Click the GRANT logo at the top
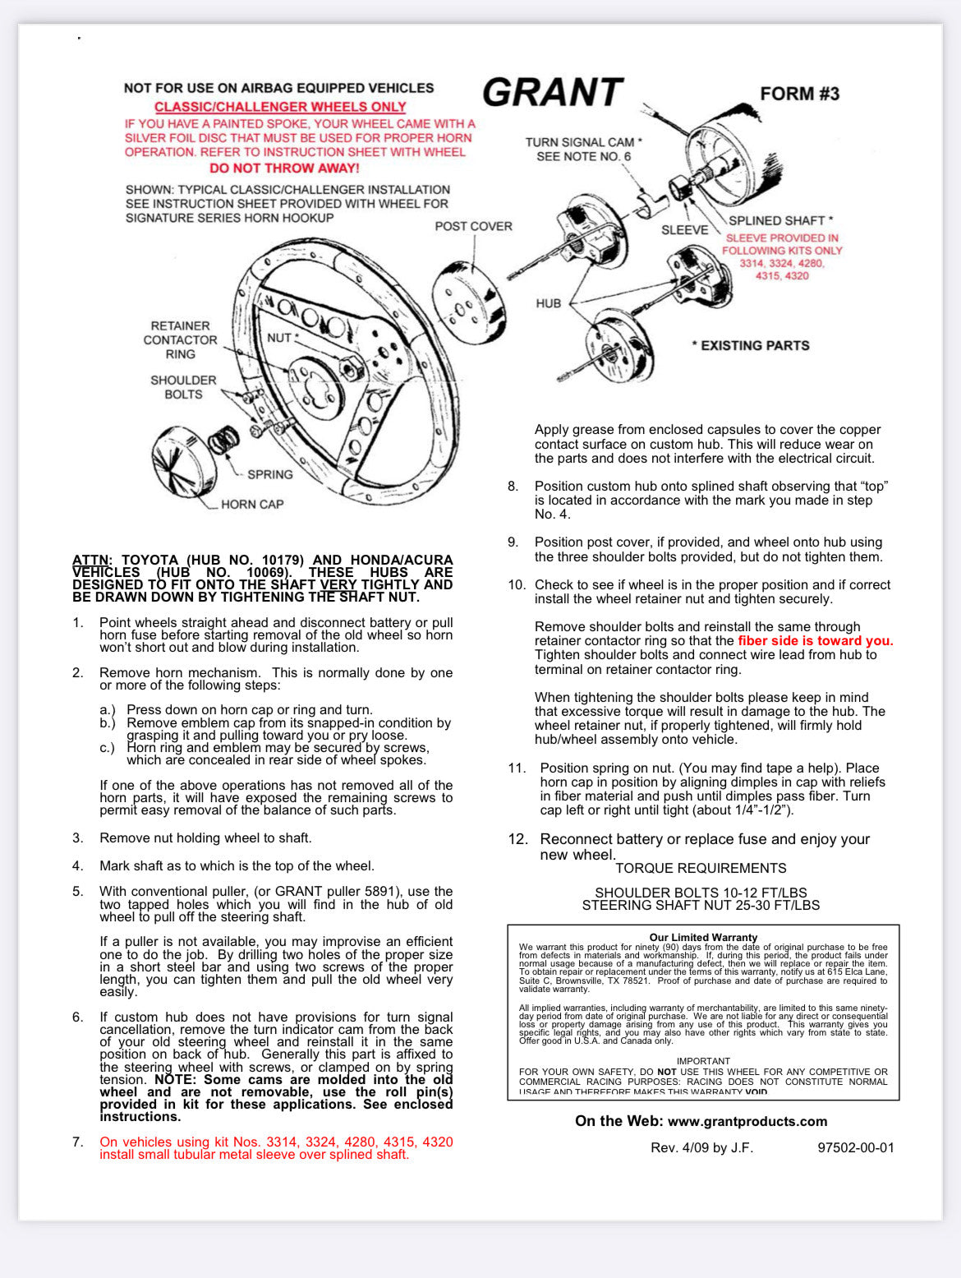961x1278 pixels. pos(553,92)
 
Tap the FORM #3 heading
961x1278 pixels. pos(799,94)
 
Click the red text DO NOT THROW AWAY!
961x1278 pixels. pos(284,168)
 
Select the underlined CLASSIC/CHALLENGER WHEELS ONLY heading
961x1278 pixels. pos(280,107)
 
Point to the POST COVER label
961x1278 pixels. pos(473,226)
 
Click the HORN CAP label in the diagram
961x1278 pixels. pos(252,504)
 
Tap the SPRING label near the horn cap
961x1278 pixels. pos(269,474)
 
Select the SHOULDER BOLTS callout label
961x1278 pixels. pos(183,387)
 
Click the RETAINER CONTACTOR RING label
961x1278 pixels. pos(180,339)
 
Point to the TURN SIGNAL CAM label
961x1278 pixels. pos(583,142)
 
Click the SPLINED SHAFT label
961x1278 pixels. pos(780,220)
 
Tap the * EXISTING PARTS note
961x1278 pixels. pos(751,345)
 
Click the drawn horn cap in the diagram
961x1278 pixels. pos(183,461)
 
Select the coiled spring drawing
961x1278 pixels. pos(223,441)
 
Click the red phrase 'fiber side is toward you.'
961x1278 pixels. pos(815,641)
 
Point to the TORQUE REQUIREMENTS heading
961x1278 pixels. pos(701,868)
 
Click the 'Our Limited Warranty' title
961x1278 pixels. pos(703,937)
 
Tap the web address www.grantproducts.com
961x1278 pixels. pos(747,1121)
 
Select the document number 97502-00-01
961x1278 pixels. pos(855,1147)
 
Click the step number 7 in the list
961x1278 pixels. pos(77,1142)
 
